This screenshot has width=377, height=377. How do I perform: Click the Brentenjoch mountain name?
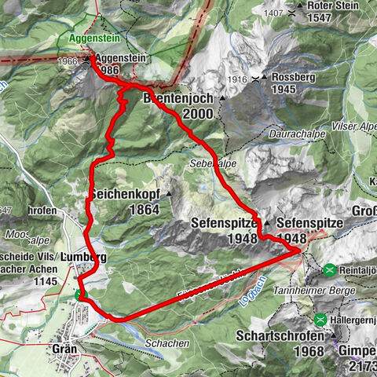point(182,100)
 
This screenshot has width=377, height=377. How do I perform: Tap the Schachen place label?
point(166,344)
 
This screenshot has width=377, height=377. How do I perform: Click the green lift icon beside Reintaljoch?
point(331,270)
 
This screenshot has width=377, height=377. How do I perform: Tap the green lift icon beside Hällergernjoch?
point(320,320)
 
